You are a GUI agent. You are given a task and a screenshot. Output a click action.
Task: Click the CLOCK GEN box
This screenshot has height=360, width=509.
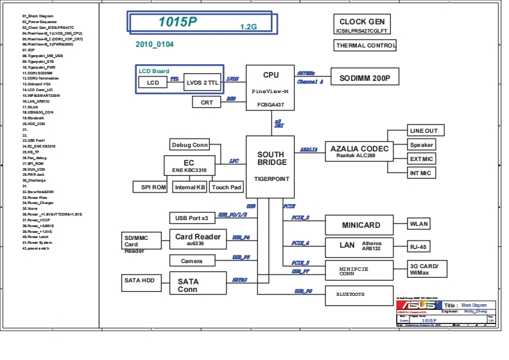coord(361,25)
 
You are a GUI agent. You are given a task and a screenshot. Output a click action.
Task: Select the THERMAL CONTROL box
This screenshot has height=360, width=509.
coord(365,46)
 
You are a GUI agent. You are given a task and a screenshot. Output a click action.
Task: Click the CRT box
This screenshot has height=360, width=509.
coord(207,102)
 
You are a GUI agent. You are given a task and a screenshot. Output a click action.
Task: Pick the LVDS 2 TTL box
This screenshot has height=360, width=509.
coord(202,83)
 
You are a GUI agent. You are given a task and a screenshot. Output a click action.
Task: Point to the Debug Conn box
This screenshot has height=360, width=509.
coord(190,144)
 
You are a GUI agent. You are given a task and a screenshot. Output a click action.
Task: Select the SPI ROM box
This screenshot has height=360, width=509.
coord(151,187)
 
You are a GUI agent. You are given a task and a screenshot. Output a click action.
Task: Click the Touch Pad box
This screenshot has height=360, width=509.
coord(227,187)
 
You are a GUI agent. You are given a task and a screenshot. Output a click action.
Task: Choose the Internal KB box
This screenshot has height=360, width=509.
coord(190,187)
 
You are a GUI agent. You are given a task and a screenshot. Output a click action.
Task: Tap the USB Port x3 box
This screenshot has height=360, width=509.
coord(192,218)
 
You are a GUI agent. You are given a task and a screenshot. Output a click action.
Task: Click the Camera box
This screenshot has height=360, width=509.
coord(192,261)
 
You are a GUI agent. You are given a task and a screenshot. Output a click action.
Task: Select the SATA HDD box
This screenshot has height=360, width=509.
coord(139,280)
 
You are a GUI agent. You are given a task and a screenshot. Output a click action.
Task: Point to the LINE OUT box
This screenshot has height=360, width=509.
coord(424,131)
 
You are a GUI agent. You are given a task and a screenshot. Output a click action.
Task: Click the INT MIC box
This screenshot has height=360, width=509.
coord(421,173)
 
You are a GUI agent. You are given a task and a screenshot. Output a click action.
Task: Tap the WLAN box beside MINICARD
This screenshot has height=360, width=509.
coord(419,224)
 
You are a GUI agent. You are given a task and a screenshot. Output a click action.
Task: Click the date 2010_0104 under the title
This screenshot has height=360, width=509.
coord(154,44)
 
